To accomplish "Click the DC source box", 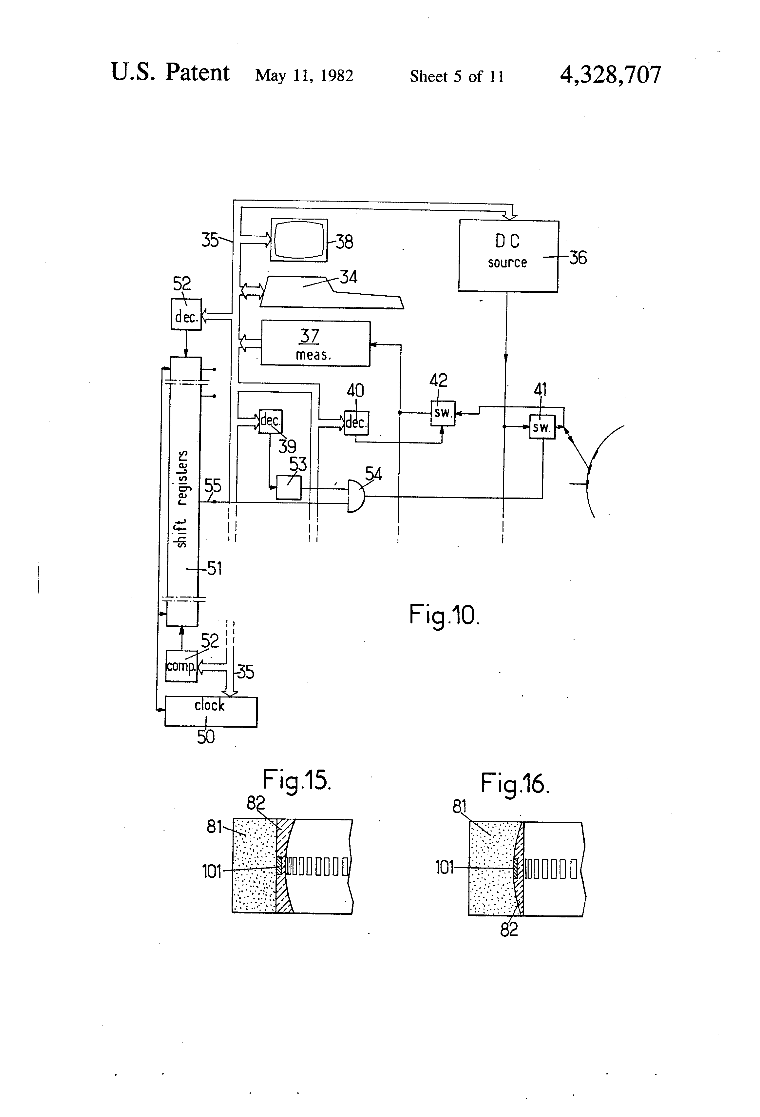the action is tap(508, 256).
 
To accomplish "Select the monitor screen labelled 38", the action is tap(299, 240).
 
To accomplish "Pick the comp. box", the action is tap(181, 666).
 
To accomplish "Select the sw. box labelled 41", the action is tap(542, 427).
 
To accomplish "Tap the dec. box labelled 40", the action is tap(356, 422).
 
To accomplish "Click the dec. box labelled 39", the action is tap(271, 421).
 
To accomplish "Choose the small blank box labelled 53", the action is tap(289, 488).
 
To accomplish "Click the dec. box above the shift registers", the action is tap(186, 314).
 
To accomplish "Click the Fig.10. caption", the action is tap(444, 615).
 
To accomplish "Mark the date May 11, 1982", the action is tap(304, 75).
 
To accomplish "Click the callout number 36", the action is tap(578, 258).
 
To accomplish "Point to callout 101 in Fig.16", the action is tap(445, 868).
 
